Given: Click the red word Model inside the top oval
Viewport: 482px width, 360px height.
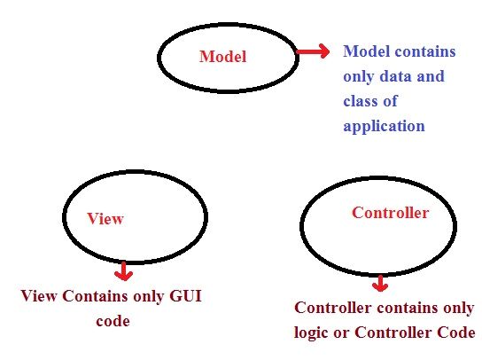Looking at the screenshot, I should tap(222, 57).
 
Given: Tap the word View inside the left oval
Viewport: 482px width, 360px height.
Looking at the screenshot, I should tap(105, 218).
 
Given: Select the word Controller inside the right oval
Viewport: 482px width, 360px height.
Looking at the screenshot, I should tap(390, 213).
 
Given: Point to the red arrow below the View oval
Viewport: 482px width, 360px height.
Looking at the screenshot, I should tap(123, 270).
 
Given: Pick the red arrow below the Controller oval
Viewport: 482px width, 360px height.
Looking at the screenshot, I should tap(380, 284).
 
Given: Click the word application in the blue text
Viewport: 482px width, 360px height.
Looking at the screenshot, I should tap(384, 126).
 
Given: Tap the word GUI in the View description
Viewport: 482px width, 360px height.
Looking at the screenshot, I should tap(184, 296).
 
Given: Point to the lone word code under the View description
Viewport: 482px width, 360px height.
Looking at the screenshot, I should tap(113, 320).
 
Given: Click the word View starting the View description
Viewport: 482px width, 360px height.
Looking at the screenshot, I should tap(39, 296).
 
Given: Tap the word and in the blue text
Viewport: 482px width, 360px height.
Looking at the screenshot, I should tap(430, 76).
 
